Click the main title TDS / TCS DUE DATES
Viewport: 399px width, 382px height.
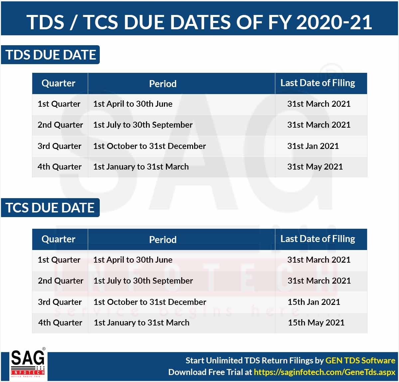(199, 22)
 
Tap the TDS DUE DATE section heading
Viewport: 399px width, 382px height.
(51, 55)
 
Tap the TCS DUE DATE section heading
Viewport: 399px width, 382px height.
(50, 207)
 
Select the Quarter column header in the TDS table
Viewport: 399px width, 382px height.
(59, 83)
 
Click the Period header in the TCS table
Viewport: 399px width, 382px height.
(163, 239)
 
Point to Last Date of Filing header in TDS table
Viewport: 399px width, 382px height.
(318, 83)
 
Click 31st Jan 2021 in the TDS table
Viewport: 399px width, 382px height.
(313, 146)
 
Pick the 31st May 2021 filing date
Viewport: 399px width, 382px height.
(315, 167)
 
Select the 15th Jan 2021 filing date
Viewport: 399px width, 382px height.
(314, 302)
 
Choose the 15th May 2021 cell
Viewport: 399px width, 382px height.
(316, 322)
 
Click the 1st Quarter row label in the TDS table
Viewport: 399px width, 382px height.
(59, 104)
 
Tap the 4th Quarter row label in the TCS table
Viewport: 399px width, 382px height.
(60, 322)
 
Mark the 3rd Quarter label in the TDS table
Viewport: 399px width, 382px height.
(60, 146)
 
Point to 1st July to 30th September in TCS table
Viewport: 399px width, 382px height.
(143, 281)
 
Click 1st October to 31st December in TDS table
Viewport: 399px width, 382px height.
(150, 146)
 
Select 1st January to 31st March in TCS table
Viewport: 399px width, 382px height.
(141, 322)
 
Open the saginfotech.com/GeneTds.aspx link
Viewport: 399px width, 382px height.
(325, 372)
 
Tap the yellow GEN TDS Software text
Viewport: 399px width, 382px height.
(360, 360)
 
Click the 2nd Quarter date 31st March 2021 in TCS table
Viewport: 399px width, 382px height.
(319, 281)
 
